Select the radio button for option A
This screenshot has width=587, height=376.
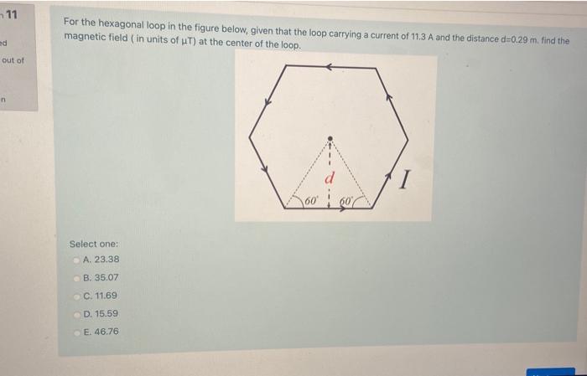pos(76,260)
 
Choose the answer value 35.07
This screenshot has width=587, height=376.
pos(106,277)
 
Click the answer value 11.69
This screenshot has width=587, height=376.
pos(105,296)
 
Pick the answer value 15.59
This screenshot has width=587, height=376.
pos(106,313)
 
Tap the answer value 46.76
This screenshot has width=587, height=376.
pos(106,332)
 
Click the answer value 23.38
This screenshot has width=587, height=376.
pos(106,260)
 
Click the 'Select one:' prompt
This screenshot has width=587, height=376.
pos(93,244)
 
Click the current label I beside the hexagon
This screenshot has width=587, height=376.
pos(406,178)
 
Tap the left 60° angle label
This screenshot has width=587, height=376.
pos(310,201)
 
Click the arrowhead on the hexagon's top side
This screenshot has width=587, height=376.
pos(332,64)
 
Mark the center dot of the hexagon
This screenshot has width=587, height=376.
pos(330,137)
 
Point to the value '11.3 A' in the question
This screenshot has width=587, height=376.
pos(424,39)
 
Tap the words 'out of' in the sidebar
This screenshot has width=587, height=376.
pos(14,60)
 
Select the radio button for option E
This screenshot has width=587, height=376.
pos(76,332)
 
